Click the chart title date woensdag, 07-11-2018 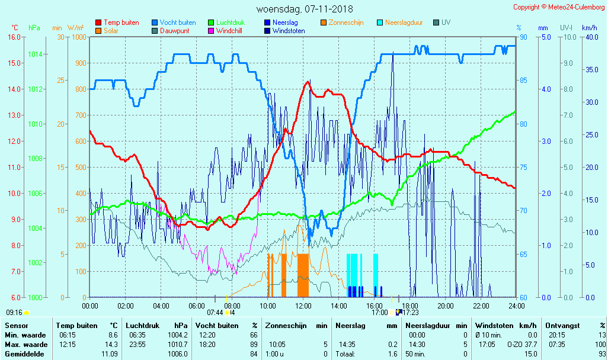click(x=304, y=9)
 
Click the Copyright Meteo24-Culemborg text click(x=559, y=7)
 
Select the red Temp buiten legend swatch click(x=98, y=22)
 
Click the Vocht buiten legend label click(x=177, y=22)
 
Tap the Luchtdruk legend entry click(x=230, y=22)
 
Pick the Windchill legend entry click(x=229, y=31)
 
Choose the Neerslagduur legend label click(x=404, y=22)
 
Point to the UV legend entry click(x=446, y=22)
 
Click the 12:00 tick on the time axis click(x=303, y=306)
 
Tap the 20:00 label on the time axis click(x=446, y=306)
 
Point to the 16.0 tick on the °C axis click(x=14, y=37)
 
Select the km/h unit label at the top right click(x=589, y=28)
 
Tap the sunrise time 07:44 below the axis click(x=215, y=312)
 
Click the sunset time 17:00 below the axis click(x=379, y=312)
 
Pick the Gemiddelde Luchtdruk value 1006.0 click(x=179, y=353)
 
